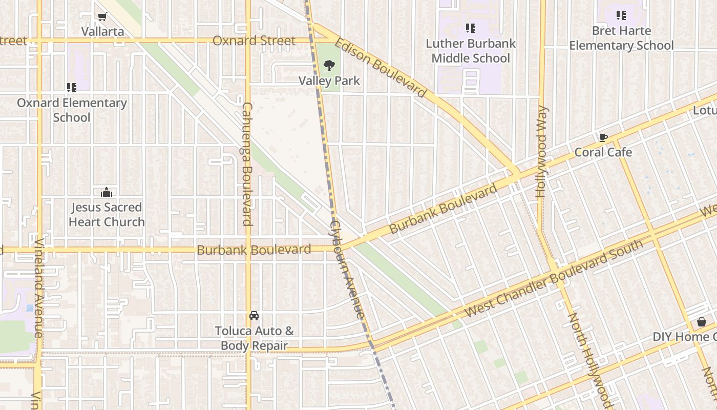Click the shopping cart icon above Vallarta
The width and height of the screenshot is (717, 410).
[102, 16]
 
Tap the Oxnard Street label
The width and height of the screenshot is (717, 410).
[254, 40]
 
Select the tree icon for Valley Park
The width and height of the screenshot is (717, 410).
[329, 66]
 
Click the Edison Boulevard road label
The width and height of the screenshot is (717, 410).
[381, 67]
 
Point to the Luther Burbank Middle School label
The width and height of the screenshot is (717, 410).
[471, 51]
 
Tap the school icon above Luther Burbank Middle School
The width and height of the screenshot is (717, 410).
[470, 28]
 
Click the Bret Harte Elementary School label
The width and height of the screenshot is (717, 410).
[621, 38]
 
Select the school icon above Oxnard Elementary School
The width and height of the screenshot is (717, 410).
[72, 88]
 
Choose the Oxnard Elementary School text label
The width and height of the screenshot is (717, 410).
[72, 110]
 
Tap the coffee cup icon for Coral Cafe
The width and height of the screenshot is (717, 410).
[603, 137]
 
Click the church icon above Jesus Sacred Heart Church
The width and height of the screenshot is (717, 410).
[107, 192]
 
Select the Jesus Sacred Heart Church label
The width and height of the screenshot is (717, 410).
[107, 215]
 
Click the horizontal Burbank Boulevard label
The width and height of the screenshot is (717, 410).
[254, 250]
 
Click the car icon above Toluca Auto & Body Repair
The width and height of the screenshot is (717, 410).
[254, 315]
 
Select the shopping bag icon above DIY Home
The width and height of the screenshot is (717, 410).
[702, 322]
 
